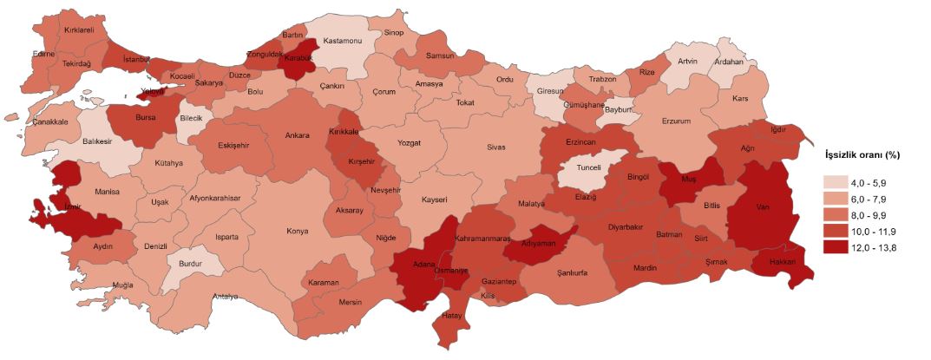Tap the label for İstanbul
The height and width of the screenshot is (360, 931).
(x=137, y=59)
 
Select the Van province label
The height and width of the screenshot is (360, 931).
(x=764, y=208)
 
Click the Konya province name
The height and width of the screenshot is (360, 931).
(x=298, y=231)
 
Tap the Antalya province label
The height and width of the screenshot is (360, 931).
(x=226, y=297)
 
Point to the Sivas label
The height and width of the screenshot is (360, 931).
(x=495, y=147)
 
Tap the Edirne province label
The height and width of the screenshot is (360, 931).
(x=43, y=54)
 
